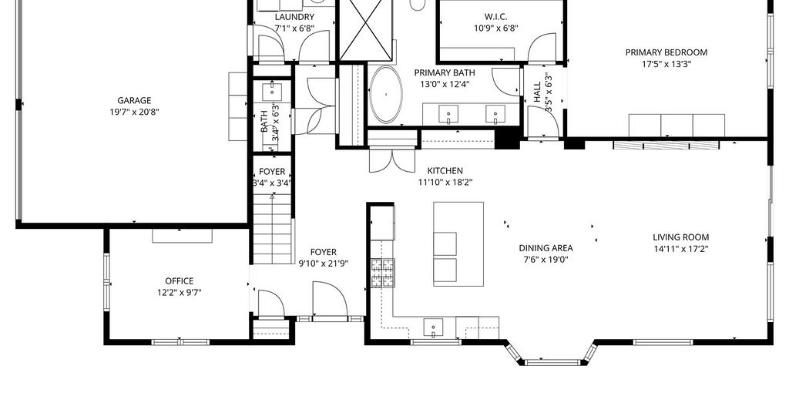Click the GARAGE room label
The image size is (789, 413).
pos(134,101)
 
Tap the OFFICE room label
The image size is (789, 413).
pos(179,281)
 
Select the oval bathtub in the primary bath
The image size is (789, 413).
pos(386,95)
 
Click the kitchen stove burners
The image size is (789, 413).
pos(383,274)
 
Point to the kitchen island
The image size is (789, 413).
pos(458,244)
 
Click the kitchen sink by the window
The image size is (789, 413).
pos(433,327)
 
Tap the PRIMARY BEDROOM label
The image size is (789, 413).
pos(666,52)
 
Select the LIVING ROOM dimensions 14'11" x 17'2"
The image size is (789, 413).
pos(681,249)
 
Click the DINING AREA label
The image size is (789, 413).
pos(546,248)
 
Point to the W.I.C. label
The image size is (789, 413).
pos(495,17)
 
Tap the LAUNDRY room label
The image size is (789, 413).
pos(294,17)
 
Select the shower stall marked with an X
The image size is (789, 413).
pos(365,30)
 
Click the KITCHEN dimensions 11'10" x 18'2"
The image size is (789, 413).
pos(445,182)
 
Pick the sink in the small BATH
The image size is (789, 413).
pos(272,92)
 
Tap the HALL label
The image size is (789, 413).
pos(537,92)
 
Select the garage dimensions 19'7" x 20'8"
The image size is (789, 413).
pos(134,112)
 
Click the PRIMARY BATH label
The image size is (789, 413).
pos(445,73)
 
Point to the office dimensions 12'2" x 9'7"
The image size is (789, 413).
pos(179,293)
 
